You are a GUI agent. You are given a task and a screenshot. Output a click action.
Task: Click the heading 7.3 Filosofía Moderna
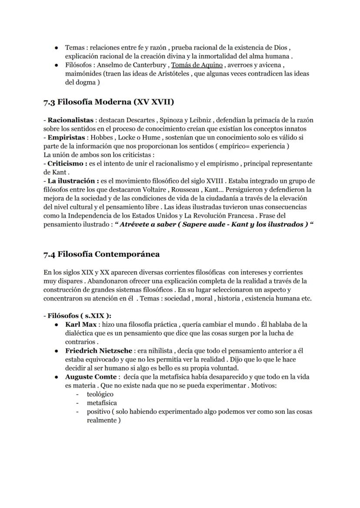108,103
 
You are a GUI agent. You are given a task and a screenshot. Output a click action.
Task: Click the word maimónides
83,74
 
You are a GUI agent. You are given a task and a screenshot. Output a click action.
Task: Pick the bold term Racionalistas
70,120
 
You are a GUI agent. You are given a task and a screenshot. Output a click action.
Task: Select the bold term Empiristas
67,137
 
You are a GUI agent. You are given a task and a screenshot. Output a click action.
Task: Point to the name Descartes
139,120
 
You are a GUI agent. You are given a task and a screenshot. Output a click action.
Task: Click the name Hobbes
104,137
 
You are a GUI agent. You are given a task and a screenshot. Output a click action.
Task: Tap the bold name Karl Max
81,325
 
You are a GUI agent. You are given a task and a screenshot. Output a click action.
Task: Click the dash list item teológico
100,394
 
